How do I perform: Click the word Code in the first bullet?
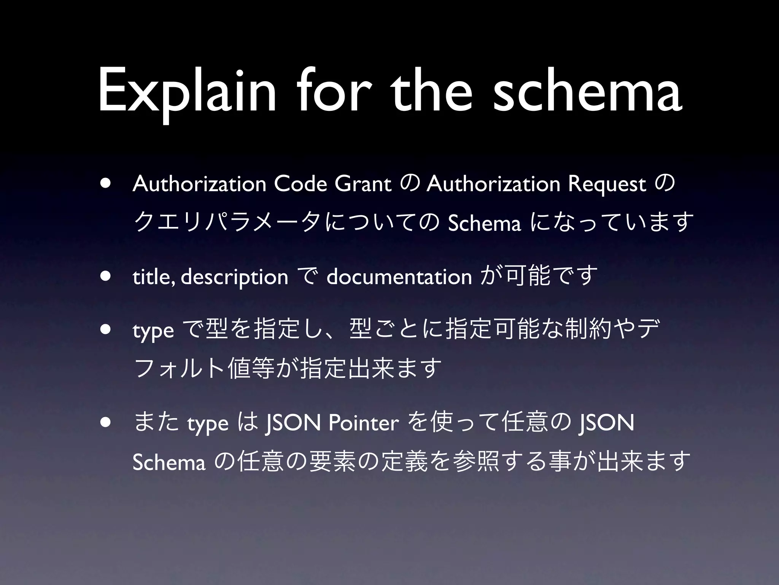300,184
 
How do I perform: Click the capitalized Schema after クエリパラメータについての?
484,224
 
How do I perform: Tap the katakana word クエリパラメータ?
229,223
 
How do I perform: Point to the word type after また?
208,424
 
